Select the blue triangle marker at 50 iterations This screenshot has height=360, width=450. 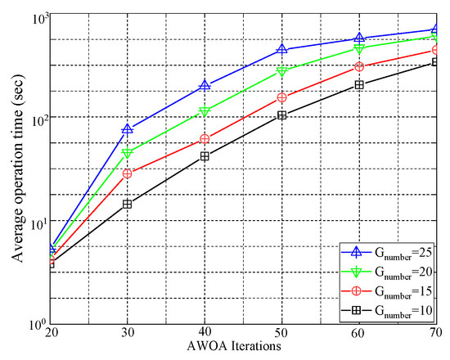(282, 50)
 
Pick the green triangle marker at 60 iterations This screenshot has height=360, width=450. (359, 48)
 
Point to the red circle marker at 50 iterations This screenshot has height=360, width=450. (282, 97)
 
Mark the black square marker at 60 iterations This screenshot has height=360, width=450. (359, 85)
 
